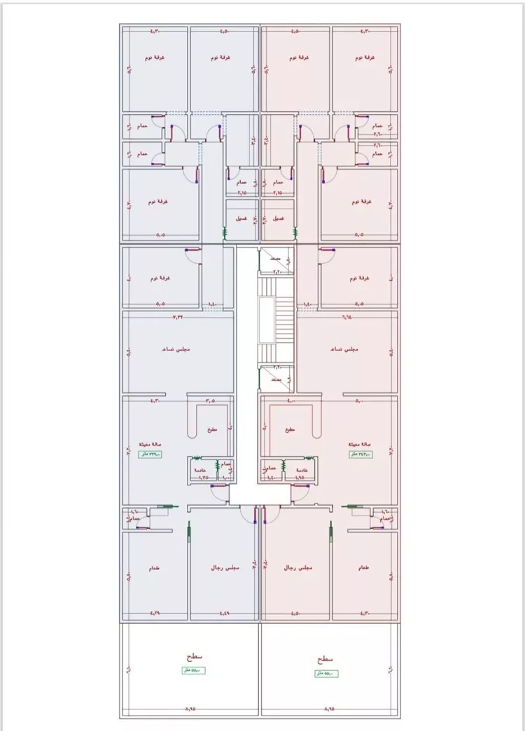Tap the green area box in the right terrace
326,674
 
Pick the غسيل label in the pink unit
277,218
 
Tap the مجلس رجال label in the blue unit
225,568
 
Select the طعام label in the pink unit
363,568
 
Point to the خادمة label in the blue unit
199,470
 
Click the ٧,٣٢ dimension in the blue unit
178,317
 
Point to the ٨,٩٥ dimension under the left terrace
190,709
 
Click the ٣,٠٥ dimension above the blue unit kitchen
211,401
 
